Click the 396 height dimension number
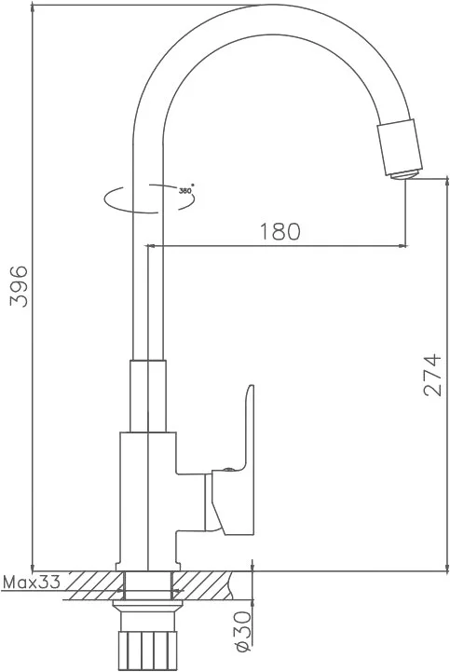tap(19, 286)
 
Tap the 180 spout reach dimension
tap(280, 231)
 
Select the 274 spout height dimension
tap(431, 374)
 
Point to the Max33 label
tap(32, 582)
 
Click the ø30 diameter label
tap(243, 631)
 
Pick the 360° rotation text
tap(186, 190)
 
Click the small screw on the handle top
tap(228, 469)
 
